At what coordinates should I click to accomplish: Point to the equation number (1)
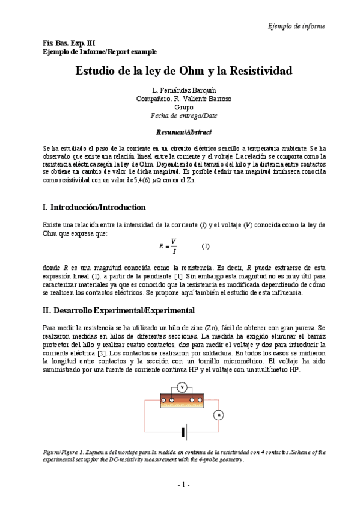click(206, 247)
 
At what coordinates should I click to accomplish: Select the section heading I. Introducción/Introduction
click(94, 207)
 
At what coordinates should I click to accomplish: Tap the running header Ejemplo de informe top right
click(296, 26)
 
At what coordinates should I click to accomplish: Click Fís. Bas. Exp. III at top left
click(60, 44)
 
